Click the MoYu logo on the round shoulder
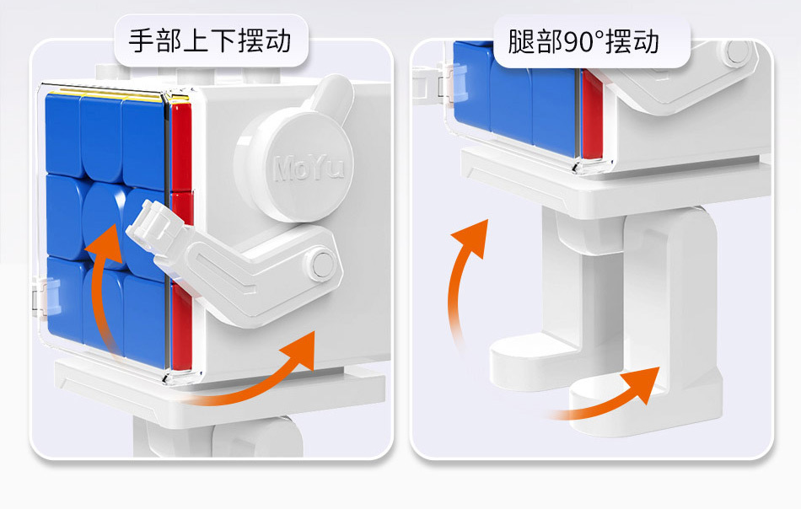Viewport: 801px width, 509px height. click(309, 168)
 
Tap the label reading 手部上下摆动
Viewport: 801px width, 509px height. click(210, 40)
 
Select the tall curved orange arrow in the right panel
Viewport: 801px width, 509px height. click(467, 278)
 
